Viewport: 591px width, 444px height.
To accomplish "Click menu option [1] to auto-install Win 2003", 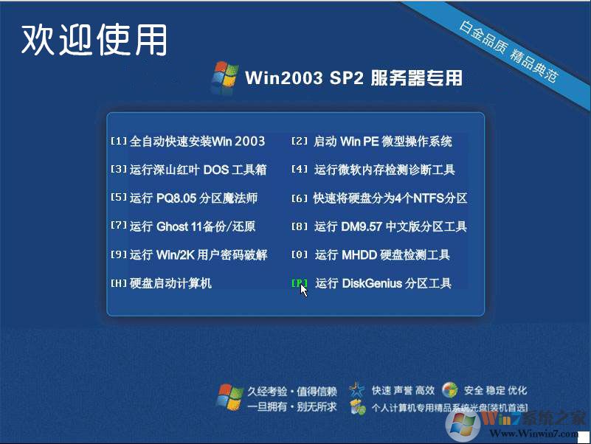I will click(x=188, y=142).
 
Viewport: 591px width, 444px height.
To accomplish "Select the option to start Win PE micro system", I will click(x=373, y=142).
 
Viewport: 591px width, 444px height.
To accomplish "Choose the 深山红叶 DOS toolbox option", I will click(x=189, y=170).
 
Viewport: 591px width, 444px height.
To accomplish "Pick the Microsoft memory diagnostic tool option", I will click(x=374, y=170).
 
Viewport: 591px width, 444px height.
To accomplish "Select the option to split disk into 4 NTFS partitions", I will click(x=380, y=198).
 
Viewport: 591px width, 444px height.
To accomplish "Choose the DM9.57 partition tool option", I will click(x=380, y=226).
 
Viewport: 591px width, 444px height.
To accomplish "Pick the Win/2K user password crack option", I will click(x=189, y=255).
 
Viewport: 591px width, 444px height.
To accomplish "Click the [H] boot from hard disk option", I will click(x=162, y=283).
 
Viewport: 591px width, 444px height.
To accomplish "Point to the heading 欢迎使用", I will click(x=94, y=40).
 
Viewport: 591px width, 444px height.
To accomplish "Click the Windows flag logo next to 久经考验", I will click(x=229, y=396).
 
